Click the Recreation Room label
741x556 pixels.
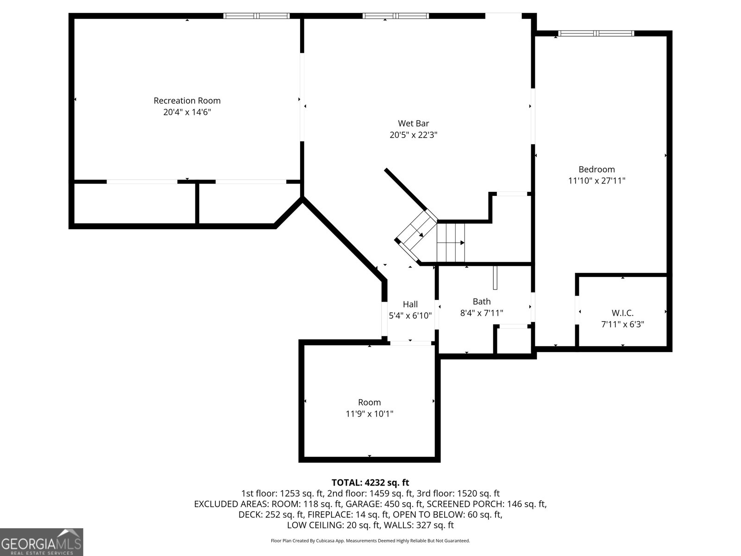coord(187,101)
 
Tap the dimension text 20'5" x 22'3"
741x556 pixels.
coord(414,135)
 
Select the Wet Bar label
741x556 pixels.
coord(414,123)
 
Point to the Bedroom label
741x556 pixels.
coord(597,169)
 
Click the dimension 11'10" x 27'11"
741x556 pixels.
coord(597,181)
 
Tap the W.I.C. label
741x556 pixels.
coord(622,313)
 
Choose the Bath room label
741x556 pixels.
coord(482,302)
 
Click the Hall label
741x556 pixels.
coord(410,304)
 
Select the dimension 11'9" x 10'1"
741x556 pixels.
coord(369,414)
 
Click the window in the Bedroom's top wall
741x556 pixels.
coord(596,33)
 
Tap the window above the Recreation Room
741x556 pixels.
coord(257,16)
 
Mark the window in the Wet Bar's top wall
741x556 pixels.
coord(396,16)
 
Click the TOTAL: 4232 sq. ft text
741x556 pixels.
coord(370,483)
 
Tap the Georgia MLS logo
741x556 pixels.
coord(41,542)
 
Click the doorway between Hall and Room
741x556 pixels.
coord(410,343)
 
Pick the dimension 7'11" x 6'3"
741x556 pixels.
coord(622,324)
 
